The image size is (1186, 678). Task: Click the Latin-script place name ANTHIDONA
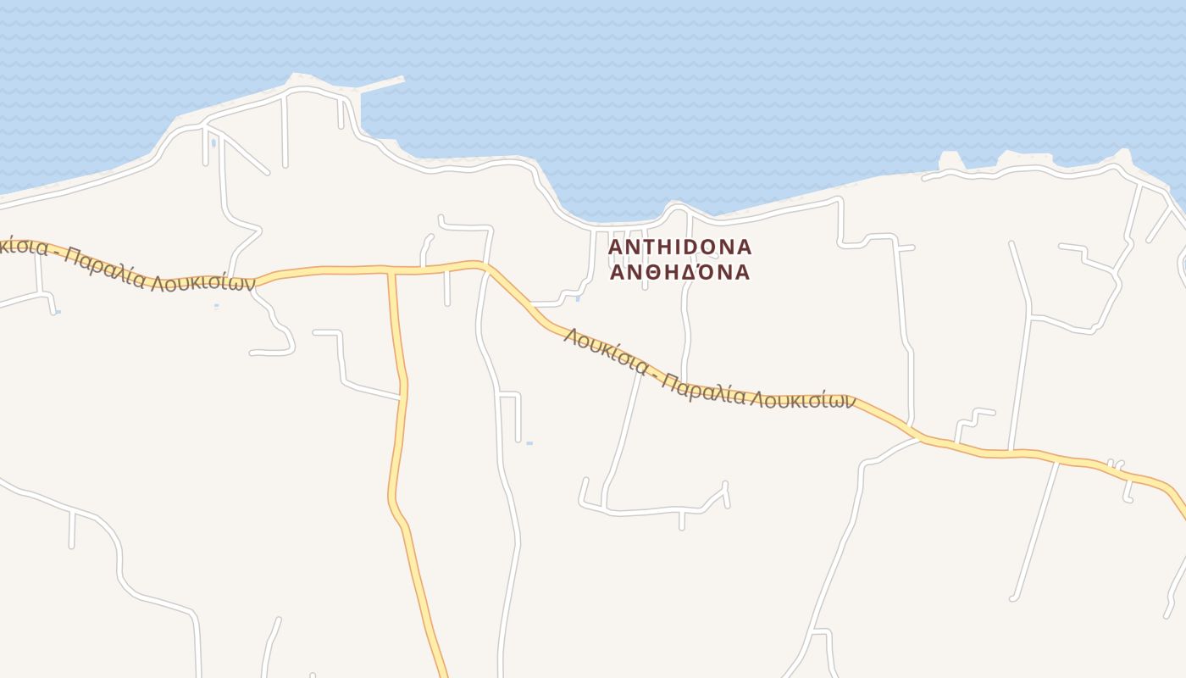tap(680, 247)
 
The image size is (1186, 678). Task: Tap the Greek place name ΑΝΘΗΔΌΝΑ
tap(680, 272)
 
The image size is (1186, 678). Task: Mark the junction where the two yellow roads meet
tap(392, 272)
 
